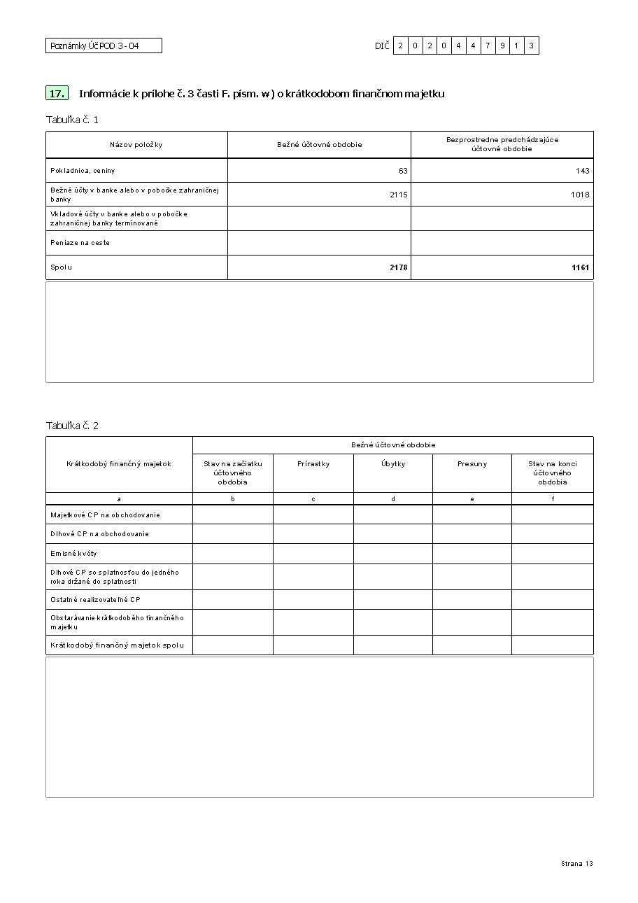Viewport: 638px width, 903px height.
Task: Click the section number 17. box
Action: point(57,93)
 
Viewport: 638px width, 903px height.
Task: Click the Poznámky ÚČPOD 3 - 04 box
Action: point(104,45)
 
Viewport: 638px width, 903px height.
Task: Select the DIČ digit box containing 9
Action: point(502,45)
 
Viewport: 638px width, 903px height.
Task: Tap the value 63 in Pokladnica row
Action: point(403,171)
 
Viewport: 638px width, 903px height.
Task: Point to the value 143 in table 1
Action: point(582,171)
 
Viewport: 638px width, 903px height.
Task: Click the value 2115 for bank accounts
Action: point(398,195)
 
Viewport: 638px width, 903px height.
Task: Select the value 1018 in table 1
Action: point(580,195)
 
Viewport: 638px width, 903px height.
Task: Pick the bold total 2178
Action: point(398,267)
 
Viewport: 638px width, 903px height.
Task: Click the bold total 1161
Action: point(580,267)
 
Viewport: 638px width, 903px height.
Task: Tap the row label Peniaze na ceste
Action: point(80,243)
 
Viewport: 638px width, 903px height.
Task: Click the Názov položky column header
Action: point(136,145)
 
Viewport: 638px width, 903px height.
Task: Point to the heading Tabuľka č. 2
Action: point(72,426)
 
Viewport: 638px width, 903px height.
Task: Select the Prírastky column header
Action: point(313,464)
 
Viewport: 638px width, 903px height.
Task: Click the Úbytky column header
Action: point(393,464)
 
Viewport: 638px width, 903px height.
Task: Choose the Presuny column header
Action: point(472,464)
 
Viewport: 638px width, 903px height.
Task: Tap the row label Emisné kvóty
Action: point(73,554)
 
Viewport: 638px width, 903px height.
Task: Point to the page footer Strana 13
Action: point(576,864)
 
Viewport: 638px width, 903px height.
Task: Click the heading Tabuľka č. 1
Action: point(72,120)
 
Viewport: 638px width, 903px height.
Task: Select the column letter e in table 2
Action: point(472,499)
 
